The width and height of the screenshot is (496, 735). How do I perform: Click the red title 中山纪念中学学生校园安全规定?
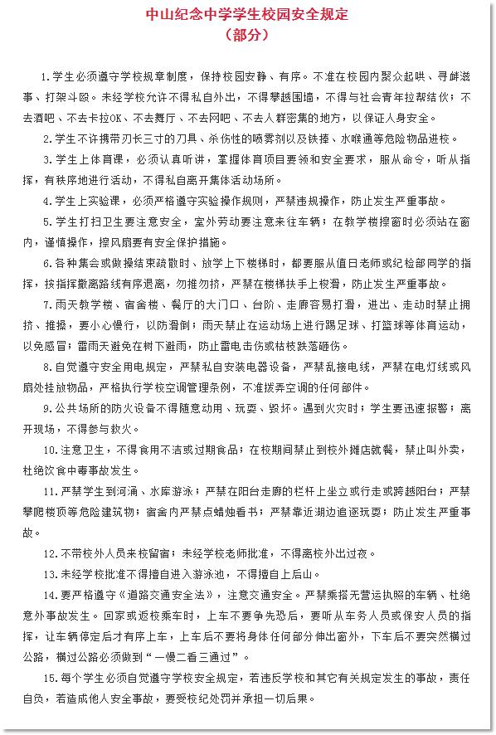pos(247,15)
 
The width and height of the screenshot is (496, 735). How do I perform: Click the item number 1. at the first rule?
pos(45,77)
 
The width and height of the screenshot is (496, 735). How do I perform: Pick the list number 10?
pos(48,450)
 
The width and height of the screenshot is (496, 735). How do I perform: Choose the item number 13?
pos(48,574)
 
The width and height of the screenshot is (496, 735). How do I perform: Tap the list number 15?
pos(48,677)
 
